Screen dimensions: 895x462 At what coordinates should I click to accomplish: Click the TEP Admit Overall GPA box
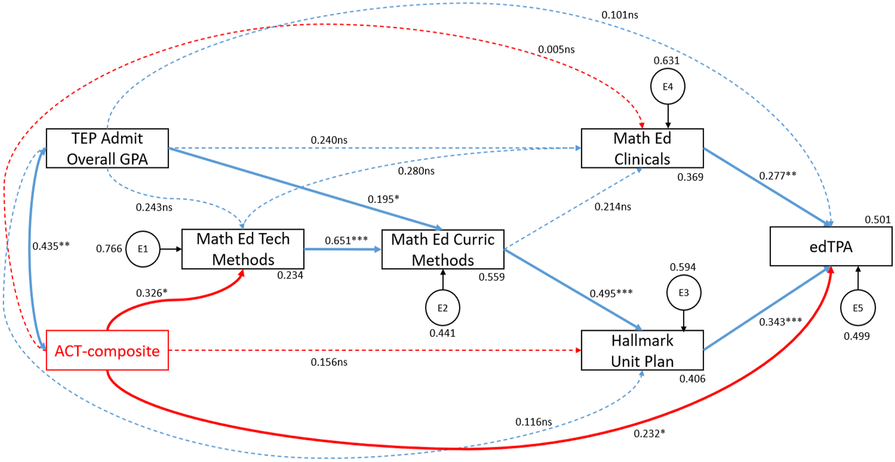click(x=107, y=148)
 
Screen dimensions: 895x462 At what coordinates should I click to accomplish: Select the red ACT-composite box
click(x=107, y=350)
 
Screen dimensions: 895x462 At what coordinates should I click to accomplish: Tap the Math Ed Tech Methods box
click(x=243, y=249)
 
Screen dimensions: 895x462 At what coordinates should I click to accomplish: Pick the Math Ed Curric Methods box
click(x=443, y=249)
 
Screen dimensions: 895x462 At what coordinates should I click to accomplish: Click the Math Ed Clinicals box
click(x=642, y=148)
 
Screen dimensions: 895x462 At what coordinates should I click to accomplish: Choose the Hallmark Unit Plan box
click(x=642, y=350)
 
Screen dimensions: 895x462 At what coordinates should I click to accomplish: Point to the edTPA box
click(x=831, y=246)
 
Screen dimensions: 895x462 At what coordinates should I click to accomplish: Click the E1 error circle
click(x=143, y=249)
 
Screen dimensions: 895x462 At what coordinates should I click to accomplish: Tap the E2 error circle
click(x=442, y=308)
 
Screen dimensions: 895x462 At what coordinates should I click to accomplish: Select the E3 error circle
click(x=684, y=293)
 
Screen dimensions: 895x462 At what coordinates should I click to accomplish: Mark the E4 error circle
click(x=668, y=87)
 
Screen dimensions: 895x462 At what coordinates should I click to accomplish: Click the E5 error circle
click(x=858, y=308)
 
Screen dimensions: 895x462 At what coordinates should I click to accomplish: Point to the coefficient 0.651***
click(x=346, y=240)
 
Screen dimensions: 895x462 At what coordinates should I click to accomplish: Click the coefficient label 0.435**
click(x=51, y=246)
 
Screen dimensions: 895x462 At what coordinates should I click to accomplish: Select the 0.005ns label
click(x=556, y=49)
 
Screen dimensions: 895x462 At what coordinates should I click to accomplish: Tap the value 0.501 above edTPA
click(x=878, y=220)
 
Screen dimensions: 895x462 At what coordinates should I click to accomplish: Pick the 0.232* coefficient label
click(x=649, y=433)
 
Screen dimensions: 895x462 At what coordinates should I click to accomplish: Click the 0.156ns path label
click(x=329, y=362)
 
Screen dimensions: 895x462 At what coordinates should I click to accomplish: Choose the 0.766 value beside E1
click(x=109, y=248)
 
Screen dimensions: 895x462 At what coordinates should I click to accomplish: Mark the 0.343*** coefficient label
click(x=780, y=321)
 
